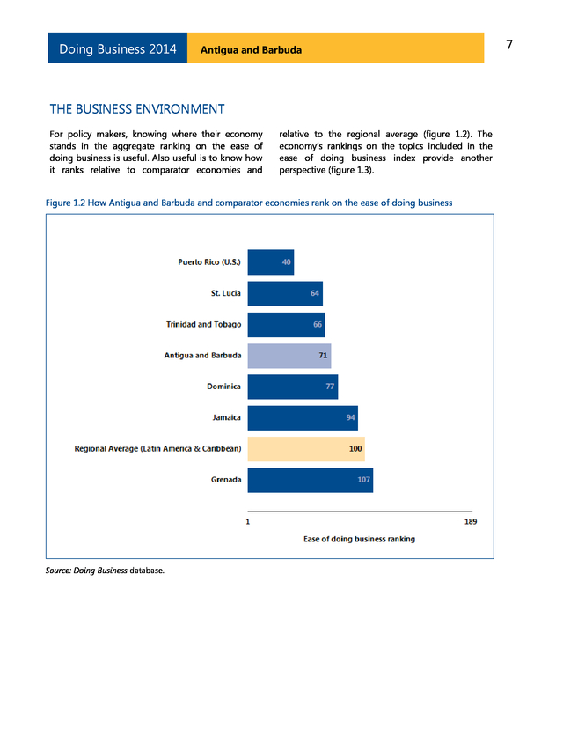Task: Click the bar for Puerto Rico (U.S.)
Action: (x=270, y=262)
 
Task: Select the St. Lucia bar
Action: (x=285, y=293)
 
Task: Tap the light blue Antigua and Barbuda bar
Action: (x=289, y=356)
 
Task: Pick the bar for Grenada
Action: (x=310, y=480)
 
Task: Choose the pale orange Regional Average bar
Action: (x=305, y=449)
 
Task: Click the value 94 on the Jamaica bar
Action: (x=350, y=418)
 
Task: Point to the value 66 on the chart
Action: (x=317, y=325)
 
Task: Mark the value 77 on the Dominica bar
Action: (x=331, y=387)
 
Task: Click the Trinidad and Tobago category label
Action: (x=203, y=325)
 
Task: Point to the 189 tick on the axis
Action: (x=471, y=522)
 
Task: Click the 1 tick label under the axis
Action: (x=248, y=522)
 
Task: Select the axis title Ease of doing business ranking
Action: (x=359, y=539)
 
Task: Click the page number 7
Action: (x=509, y=45)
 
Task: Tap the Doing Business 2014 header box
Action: (x=118, y=48)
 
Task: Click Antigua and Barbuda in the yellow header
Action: (x=251, y=50)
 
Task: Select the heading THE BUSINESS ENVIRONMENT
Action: (x=137, y=109)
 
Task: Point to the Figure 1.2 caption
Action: (x=249, y=202)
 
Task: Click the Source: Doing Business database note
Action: (x=105, y=571)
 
